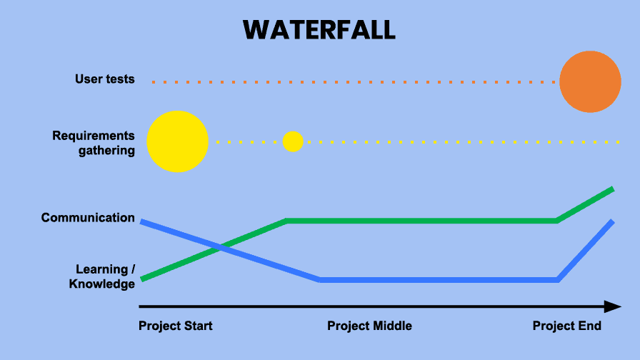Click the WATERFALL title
pyautogui.click(x=319, y=30)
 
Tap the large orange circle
pyautogui.click(x=590, y=81)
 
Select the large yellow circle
pyautogui.click(x=178, y=141)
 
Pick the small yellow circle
pyautogui.click(x=293, y=141)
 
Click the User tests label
pyautogui.click(x=105, y=79)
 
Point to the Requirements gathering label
pyautogui.click(x=94, y=143)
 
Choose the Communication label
pyautogui.click(x=88, y=218)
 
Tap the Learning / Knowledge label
pyautogui.click(x=102, y=276)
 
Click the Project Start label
pyautogui.click(x=176, y=326)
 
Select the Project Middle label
pyautogui.click(x=369, y=326)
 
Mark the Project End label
pyautogui.click(x=567, y=326)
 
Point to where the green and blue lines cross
pyautogui.click(x=221, y=247)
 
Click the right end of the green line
pyautogui.click(x=613, y=189)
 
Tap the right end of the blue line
pyautogui.click(x=612, y=221)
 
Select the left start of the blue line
pyautogui.click(x=141, y=221)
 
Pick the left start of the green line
pyautogui.click(x=141, y=279)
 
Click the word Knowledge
pyautogui.click(x=102, y=284)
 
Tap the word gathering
pyautogui.click(x=106, y=151)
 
